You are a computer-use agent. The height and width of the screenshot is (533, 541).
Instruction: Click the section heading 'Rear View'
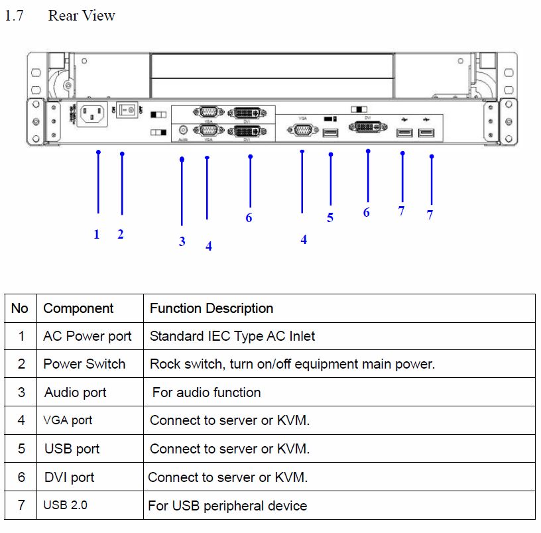[x=82, y=16]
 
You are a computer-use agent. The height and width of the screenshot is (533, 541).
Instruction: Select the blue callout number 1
[x=97, y=234]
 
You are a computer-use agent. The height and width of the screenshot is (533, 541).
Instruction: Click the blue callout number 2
[x=121, y=234]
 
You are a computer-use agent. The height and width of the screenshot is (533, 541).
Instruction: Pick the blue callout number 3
[x=182, y=241]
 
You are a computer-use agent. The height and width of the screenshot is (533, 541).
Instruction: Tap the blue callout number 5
[x=330, y=218]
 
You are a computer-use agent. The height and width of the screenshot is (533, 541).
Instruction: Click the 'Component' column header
[x=78, y=308]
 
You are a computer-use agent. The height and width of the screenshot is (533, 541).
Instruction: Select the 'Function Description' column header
[x=211, y=308]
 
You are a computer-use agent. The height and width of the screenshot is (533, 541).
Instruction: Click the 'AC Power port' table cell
[x=88, y=336]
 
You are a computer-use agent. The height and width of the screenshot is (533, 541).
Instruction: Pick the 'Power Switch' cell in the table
[x=84, y=364]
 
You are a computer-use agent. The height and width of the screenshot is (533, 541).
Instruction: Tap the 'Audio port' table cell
[x=76, y=392]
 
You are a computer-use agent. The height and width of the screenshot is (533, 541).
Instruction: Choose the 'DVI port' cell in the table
[x=70, y=477]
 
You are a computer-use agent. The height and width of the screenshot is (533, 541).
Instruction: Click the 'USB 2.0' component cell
[x=66, y=505]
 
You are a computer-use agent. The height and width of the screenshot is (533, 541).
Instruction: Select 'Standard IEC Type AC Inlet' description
[x=232, y=336]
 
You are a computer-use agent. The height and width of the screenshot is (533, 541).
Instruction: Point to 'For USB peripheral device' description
[x=227, y=506]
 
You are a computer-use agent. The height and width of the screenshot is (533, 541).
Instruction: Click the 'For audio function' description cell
[x=206, y=392]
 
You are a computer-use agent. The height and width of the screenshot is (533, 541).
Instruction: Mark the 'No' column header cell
[x=20, y=308]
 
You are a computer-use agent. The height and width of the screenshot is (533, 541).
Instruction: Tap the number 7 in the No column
[x=21, y=505]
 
